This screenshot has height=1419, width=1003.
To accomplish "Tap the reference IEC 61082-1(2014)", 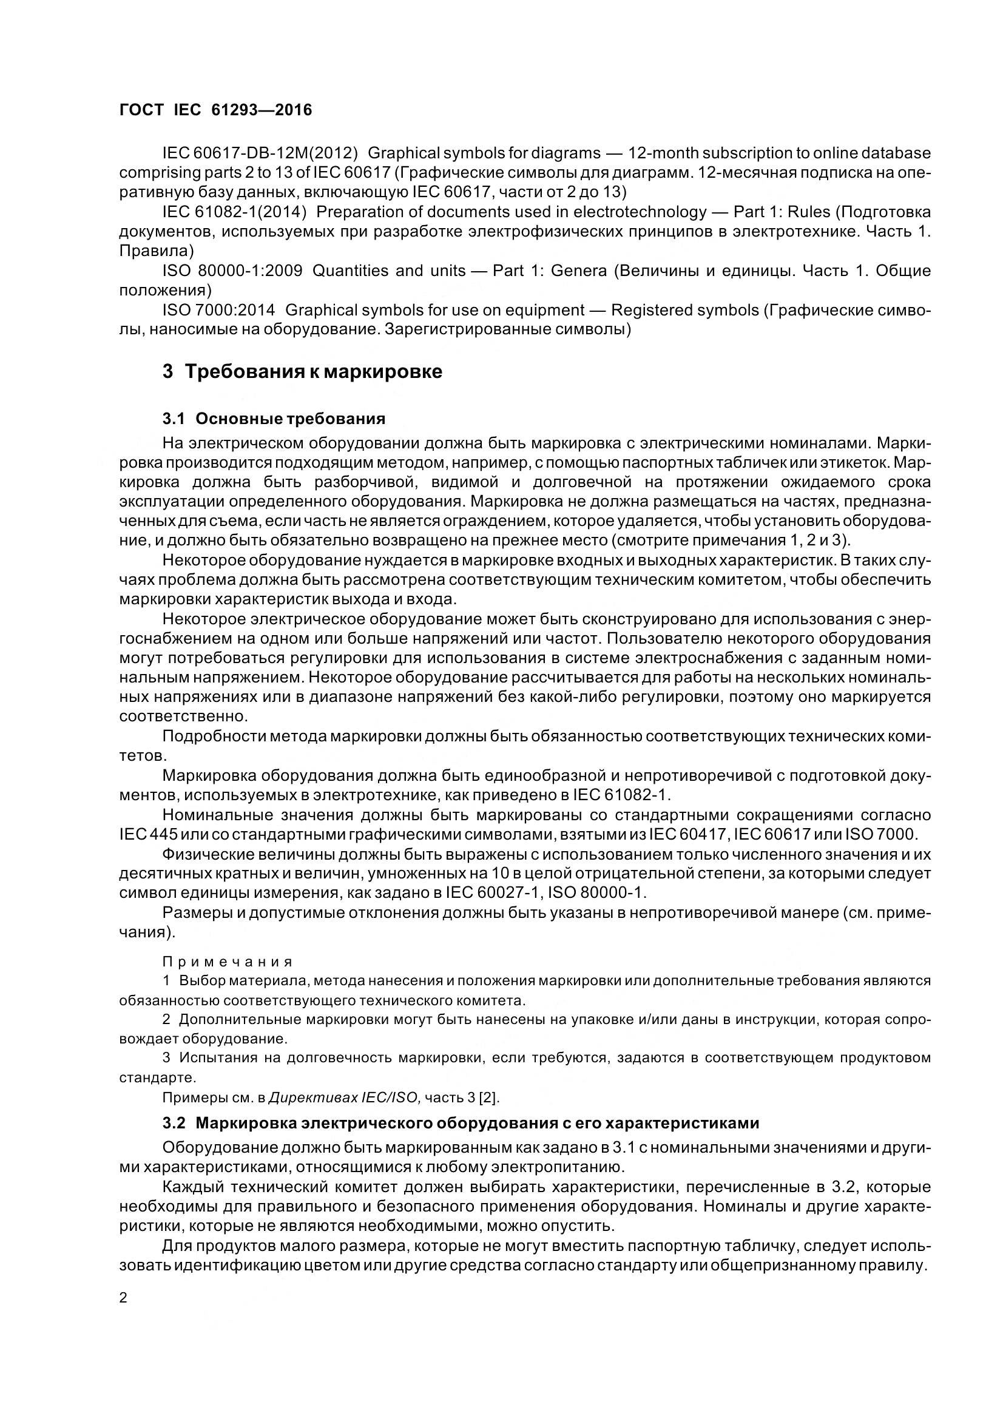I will click(x=235, y=212).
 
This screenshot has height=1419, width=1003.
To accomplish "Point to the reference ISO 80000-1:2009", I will click(x=232, y=271).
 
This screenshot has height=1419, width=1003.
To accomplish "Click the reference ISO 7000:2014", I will click(x=219, y=309).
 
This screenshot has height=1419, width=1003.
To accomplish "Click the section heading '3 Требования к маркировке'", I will click(x=302, y=372).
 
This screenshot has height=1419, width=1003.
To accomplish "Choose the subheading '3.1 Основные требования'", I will click(x=274, y=419).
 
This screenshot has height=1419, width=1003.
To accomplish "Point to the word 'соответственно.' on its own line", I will click(x=174, y=717).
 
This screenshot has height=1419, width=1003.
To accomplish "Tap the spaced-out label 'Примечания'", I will click(x=227, y=962).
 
